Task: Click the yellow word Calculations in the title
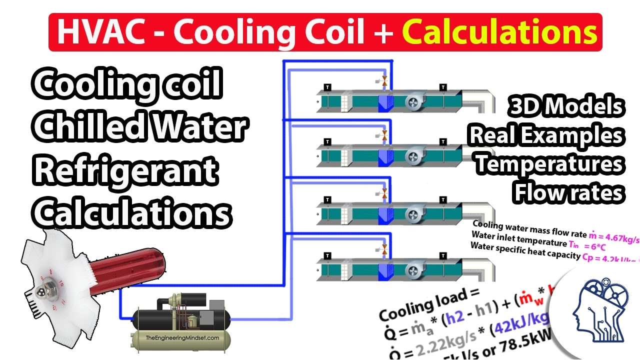(x=499, y=32)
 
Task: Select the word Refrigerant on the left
(x=125, y=171)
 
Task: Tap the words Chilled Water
(x=140, y=128)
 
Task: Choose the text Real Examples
(x=546, y=135)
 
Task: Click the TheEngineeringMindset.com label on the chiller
(x=182, y=338)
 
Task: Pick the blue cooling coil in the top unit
(x=385, y=102)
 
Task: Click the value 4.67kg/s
(x=620, y=236)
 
